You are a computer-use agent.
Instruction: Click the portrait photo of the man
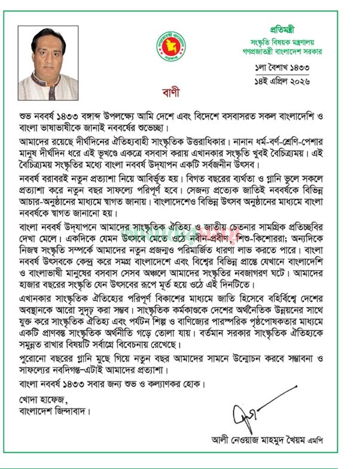48,62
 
